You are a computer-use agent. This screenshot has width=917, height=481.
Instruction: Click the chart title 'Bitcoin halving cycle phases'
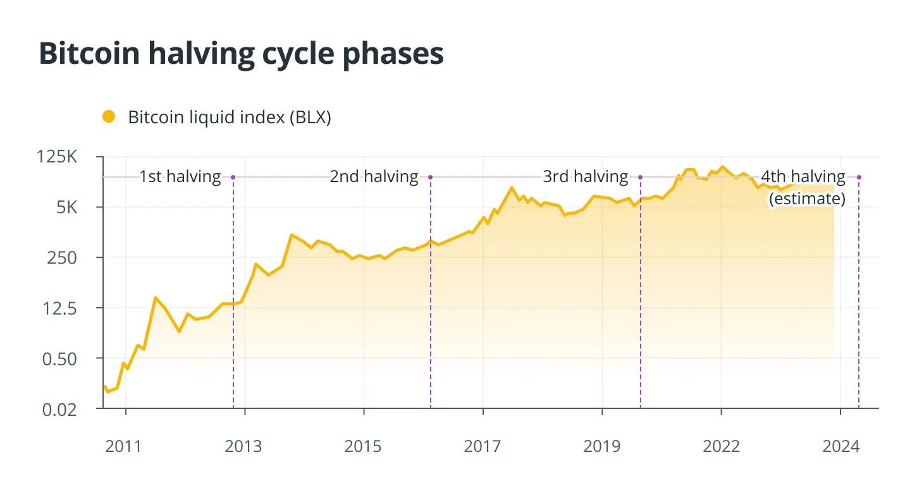(241, 54)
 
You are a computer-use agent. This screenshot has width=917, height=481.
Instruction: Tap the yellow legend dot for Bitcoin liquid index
(109, 117)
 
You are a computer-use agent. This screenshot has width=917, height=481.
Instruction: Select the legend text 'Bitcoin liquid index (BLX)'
(230, 117)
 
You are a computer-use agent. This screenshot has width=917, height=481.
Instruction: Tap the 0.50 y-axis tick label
(59, 359)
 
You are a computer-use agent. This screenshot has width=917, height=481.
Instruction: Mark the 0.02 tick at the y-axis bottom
(59, 410)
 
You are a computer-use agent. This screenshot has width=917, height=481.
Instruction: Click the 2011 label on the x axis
(124, 446)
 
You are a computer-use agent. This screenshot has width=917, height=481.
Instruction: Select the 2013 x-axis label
(243, 446)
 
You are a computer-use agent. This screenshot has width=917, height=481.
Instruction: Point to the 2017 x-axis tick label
(483, 446)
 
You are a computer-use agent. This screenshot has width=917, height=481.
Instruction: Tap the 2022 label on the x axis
(721, 446)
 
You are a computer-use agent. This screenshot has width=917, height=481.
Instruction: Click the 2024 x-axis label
(840, 446)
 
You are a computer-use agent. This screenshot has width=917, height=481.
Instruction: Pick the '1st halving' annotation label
(180, 177)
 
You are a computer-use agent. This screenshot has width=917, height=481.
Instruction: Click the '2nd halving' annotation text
(374, 177)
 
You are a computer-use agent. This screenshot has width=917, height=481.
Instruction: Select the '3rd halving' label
(586, 177)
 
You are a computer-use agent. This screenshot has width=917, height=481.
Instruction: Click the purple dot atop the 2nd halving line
(431, 177)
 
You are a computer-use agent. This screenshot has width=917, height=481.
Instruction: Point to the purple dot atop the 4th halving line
(859, 177)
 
